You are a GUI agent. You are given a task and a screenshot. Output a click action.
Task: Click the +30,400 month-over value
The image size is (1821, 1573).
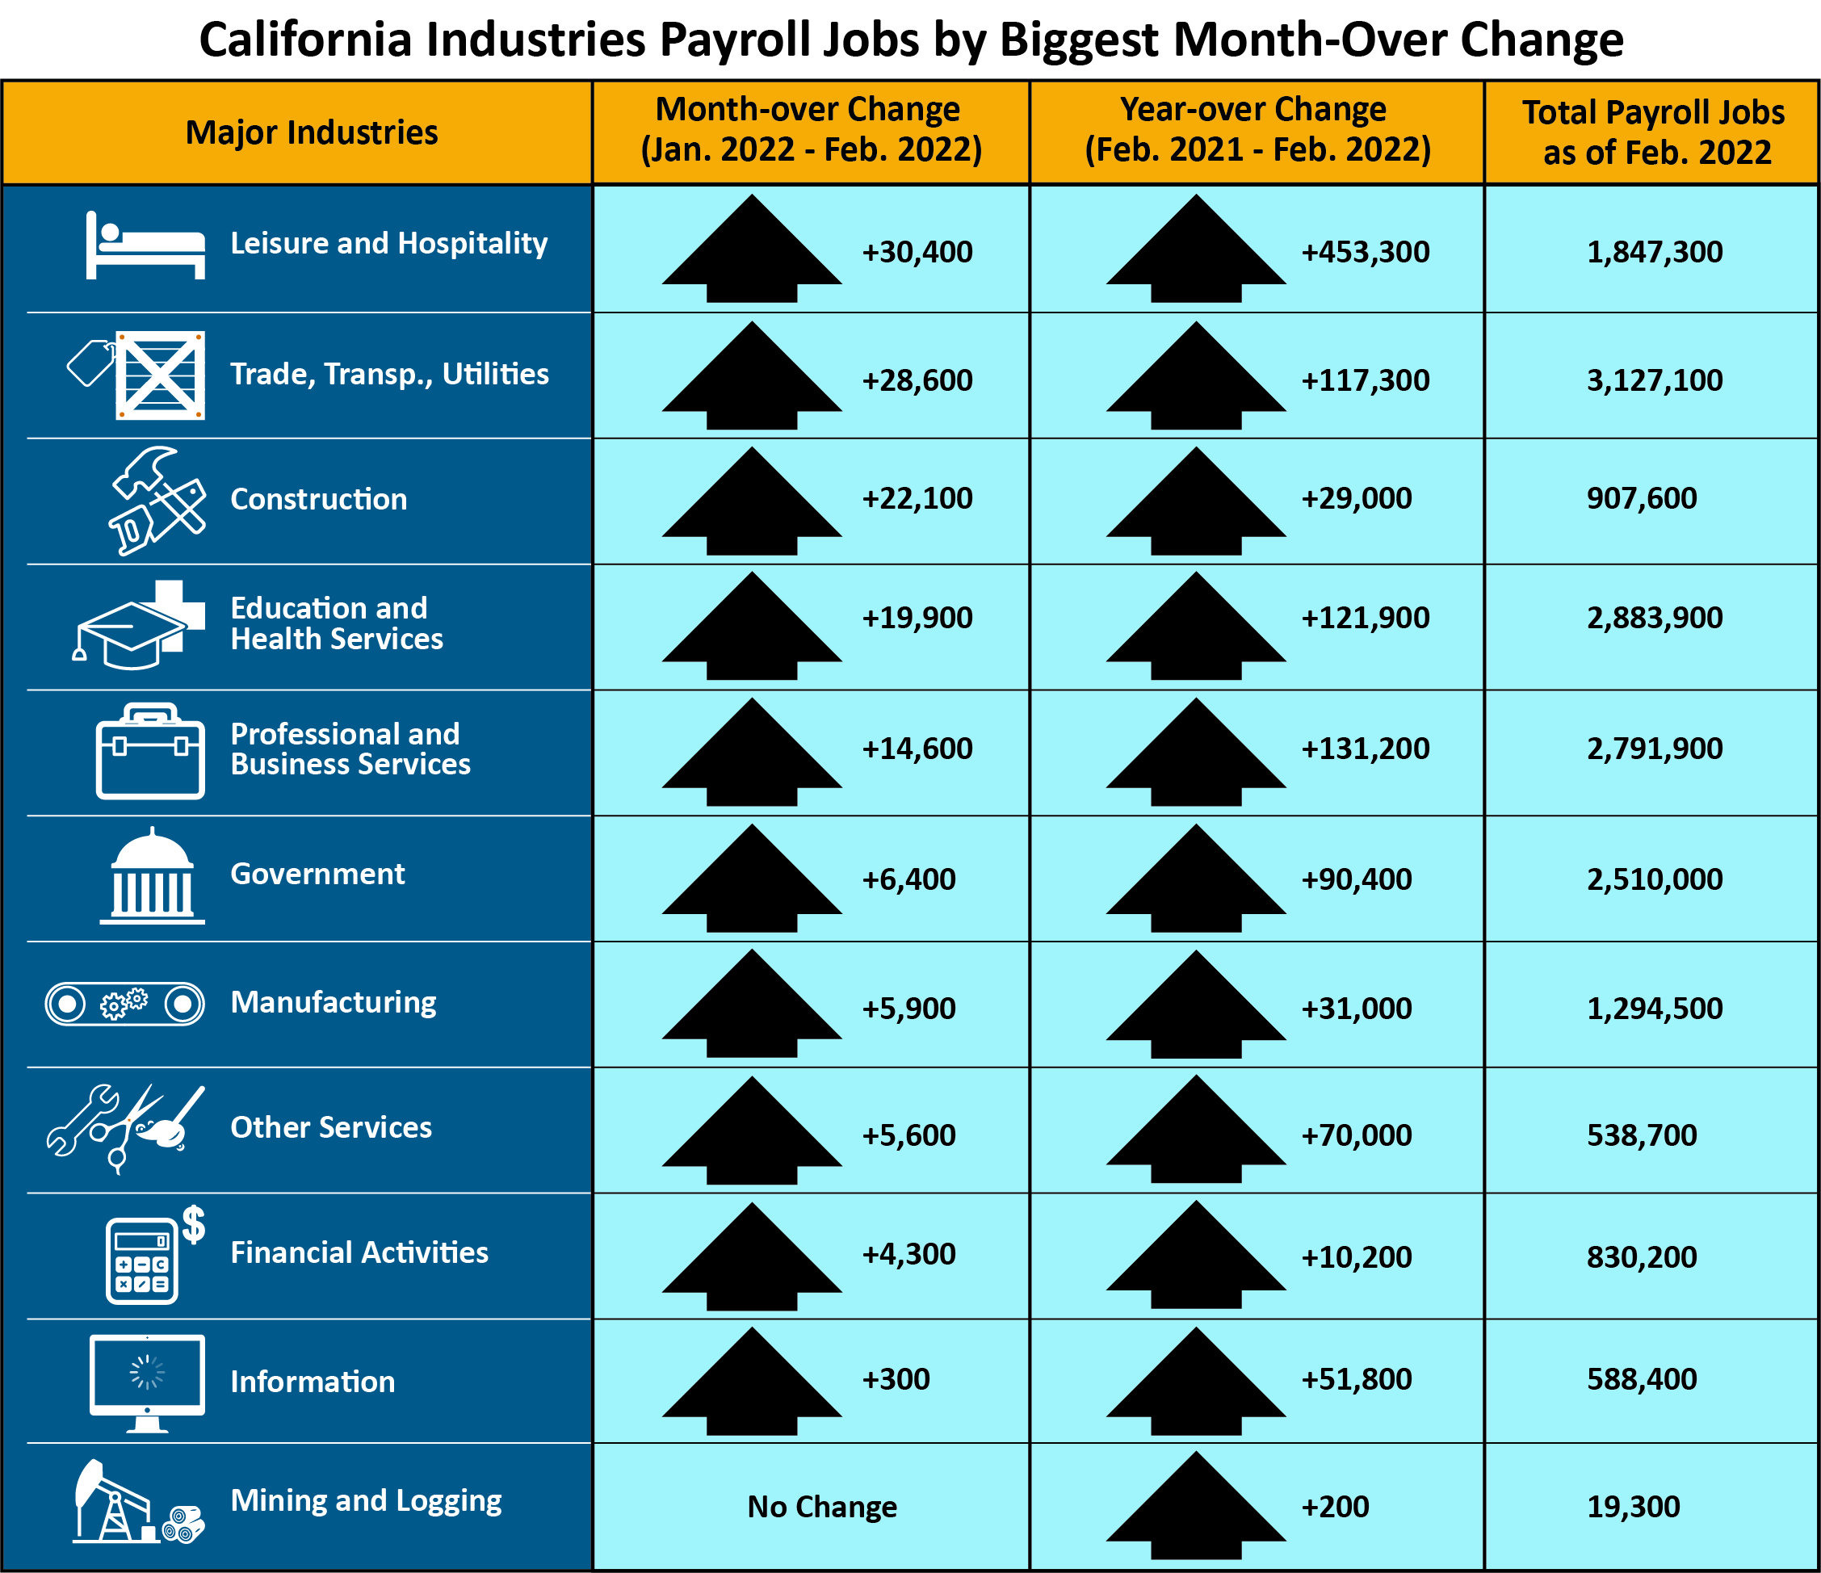917,252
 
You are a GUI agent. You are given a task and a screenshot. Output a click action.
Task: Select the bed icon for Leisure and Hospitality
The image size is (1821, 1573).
145,245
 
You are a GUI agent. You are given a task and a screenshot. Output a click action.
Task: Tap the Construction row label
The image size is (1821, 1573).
318,499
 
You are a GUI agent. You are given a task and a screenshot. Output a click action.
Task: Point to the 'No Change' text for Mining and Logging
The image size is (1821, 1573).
822,1506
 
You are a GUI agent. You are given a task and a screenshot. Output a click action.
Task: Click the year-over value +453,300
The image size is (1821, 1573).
1365,252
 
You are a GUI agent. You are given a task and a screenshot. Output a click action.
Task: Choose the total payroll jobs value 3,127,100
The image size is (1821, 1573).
1654,380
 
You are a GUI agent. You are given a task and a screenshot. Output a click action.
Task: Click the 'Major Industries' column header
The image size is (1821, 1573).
311,132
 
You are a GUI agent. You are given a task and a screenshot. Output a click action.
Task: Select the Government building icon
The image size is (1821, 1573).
152,876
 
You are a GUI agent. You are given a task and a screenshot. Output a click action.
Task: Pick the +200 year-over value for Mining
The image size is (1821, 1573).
1334,1506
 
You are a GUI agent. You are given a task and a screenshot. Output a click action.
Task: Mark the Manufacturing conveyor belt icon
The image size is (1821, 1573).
125,1004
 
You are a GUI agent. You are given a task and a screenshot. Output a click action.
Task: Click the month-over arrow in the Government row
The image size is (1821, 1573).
752,879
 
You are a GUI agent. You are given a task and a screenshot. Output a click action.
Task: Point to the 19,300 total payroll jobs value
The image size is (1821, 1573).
1633,1506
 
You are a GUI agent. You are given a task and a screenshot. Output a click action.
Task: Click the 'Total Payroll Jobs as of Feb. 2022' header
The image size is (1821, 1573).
1652,132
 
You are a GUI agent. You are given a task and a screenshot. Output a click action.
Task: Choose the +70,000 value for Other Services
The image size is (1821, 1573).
1356,1135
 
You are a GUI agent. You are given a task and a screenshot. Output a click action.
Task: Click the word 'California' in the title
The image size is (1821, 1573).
305,40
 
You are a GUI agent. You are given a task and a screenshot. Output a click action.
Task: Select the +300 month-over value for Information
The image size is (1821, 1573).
895,1378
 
